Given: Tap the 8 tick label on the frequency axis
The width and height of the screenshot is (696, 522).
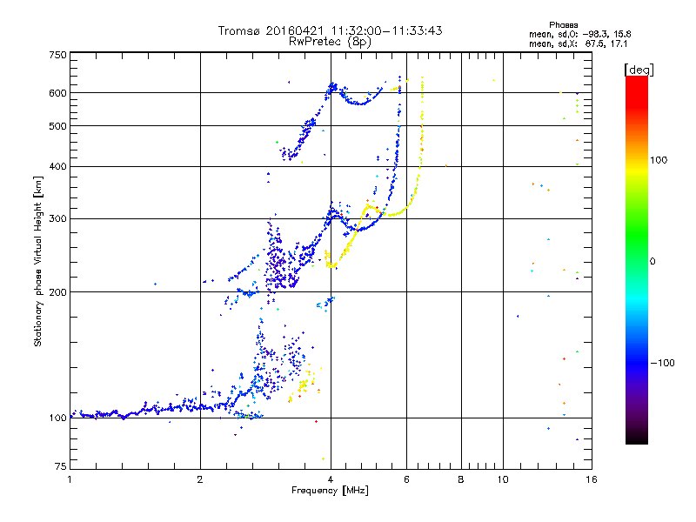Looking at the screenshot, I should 461,479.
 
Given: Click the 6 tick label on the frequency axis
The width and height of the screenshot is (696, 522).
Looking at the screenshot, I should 406,479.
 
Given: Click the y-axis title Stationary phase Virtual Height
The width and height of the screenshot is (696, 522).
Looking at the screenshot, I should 38,261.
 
